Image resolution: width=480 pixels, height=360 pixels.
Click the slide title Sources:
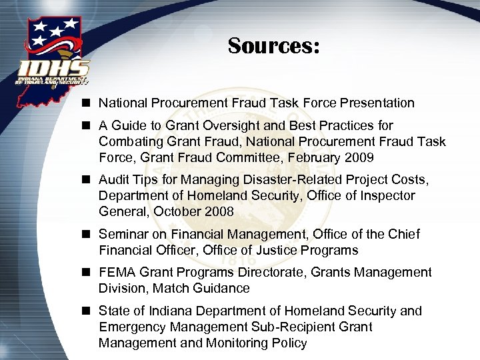[x=274, y=46]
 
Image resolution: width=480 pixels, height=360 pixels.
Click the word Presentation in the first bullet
[x=377, y=103]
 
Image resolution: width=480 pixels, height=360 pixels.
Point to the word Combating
[x=127, y=142]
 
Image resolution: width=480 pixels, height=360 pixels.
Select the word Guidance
[x=222, y=289]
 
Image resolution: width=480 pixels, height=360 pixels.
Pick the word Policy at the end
[x=287, y=343]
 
